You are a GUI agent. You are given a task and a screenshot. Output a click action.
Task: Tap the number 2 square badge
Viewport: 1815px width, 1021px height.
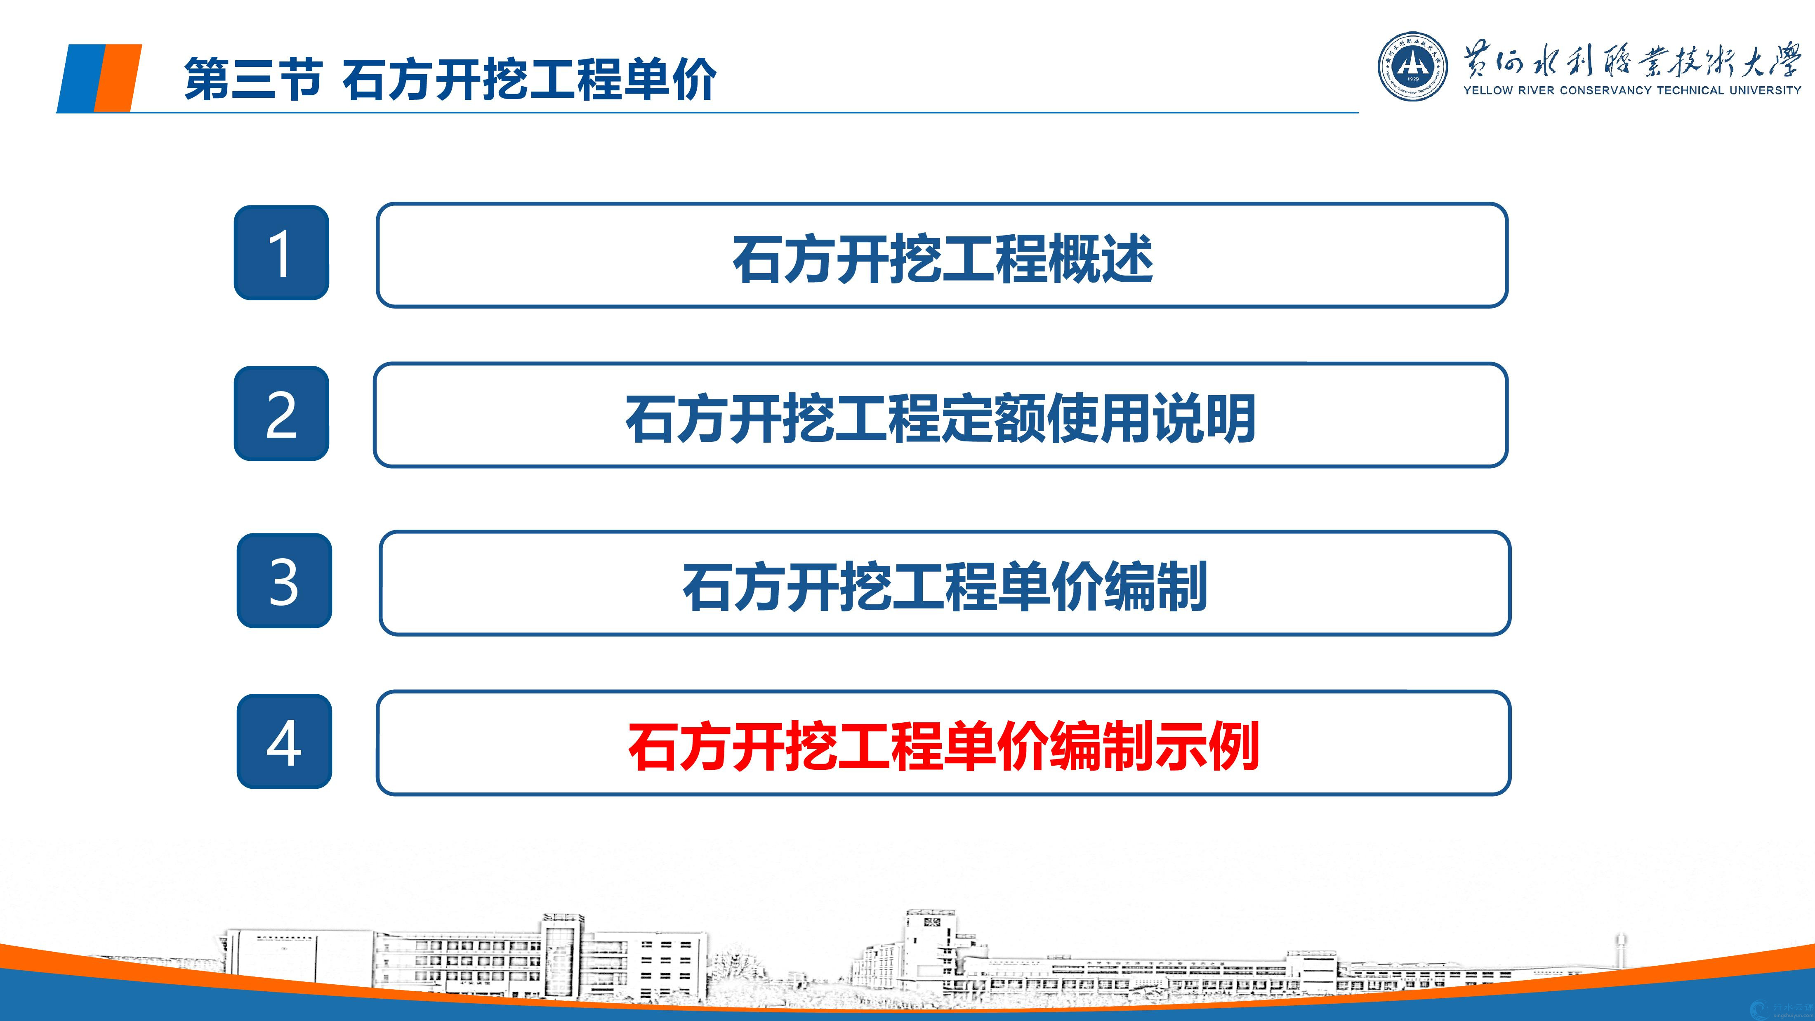click(281, 414)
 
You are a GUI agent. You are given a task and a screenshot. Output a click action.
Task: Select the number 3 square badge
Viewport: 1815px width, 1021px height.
click(284, 580)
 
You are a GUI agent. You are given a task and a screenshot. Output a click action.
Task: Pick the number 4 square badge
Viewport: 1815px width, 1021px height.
click(284, 741)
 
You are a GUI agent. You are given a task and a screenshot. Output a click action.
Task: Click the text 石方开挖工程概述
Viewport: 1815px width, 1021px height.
click(942, 259)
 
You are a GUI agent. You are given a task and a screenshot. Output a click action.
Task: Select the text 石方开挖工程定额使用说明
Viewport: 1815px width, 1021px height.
click(940, 419)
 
